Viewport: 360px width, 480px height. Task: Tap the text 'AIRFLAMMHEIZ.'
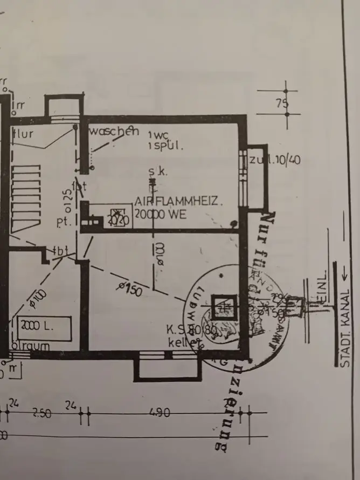[x=178, y=202]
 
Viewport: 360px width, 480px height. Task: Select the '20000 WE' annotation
[x=160, y=214]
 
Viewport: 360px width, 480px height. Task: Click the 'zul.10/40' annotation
[x=275, y=160]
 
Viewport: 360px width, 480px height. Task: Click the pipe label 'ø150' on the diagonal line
[x=130, y=290]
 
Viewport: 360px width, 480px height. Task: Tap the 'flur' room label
[x=23, y=132]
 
